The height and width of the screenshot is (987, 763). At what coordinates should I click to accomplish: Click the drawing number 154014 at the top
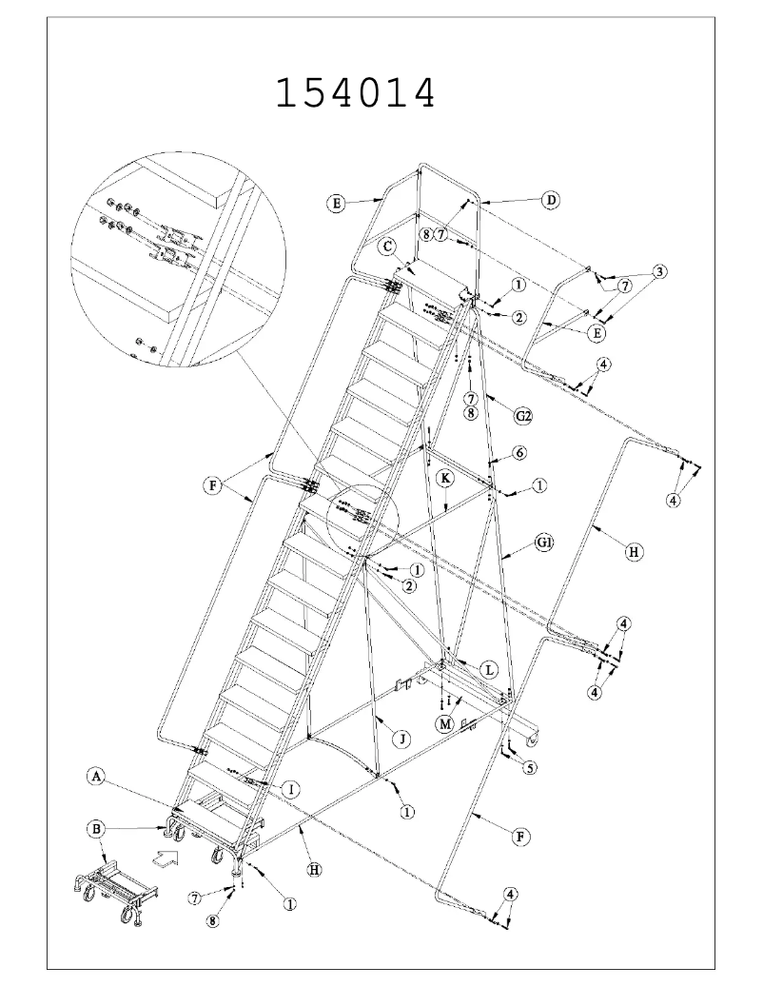pyautogui.click(x=355, y=93)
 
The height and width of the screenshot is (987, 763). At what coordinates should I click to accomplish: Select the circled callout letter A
pyautogui.click(x=96, y=778)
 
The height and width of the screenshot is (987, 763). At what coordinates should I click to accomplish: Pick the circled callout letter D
pyautogui.click(x=550, y=200)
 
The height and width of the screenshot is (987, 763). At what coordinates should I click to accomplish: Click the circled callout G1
pyautogui.click(x=544, y=543)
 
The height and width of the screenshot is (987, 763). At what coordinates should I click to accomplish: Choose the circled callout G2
pyautogui.click(x=522, y=416)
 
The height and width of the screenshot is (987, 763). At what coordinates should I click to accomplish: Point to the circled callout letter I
pyautogui.click(x=292, y=786)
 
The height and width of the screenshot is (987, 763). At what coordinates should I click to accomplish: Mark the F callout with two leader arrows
pyautogui.click(x=217, y=485)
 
